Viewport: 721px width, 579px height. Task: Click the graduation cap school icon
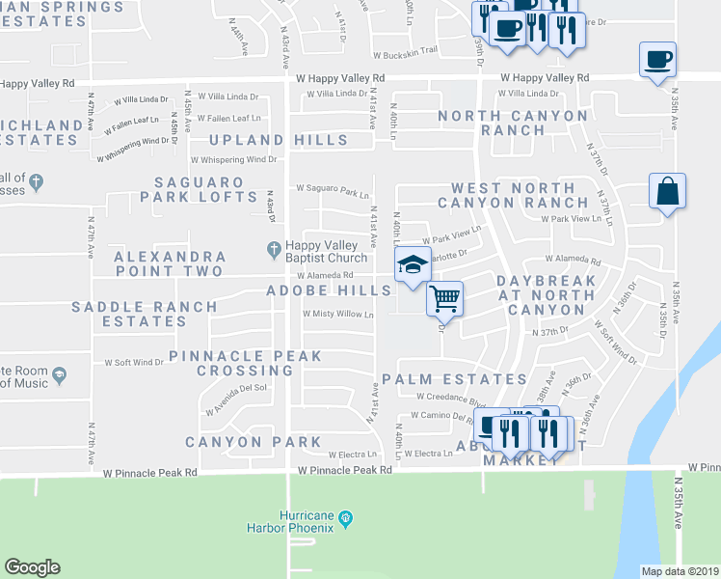click(412, 264)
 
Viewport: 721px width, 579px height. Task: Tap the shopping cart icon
click(444, 298)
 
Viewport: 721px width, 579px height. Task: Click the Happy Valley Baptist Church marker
click(275, 249)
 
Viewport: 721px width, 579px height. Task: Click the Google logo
click(32, 567)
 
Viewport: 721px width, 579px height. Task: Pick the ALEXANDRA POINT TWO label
click(170, 264)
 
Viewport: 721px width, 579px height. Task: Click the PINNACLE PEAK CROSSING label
click(231, 363)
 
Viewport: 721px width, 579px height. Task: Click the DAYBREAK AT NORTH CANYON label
click(541, 294)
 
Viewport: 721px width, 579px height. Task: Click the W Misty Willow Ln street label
click(337, 314)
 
